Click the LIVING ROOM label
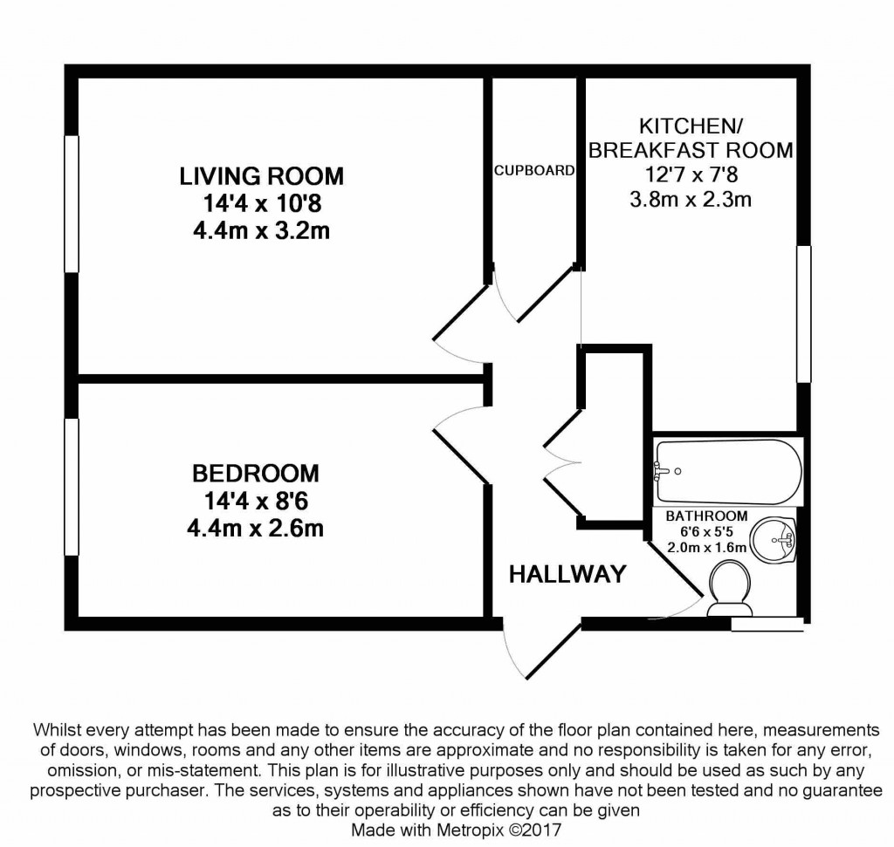(x=261, y=176)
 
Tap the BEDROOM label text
(x=255, y=474)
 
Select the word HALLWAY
(x=567, y=574)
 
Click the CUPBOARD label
(x=534, y=171)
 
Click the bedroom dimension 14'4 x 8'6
(x=255, y=502)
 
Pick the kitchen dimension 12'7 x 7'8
(x=691, y=174)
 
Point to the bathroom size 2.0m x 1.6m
(x=706, y=548)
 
